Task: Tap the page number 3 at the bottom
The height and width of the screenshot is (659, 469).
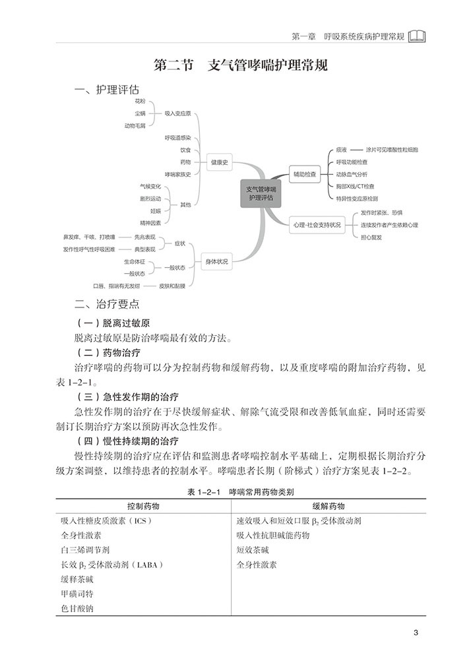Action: coord(416,635)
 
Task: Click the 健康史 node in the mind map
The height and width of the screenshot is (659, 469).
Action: coord(220,162)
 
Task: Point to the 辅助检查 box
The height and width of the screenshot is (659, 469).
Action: coord(304,175)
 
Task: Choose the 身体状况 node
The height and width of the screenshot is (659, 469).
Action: coord(216,262)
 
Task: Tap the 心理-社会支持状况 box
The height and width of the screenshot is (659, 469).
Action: coord(318,225)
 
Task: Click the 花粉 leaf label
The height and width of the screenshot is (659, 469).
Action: coord(139,101)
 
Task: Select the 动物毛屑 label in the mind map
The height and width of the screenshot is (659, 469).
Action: coord(135,125)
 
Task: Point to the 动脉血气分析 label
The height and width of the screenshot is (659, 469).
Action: coord(355,175)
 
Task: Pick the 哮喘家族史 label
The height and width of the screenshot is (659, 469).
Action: coord(177,174)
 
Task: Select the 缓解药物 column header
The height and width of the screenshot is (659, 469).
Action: coord(328,506)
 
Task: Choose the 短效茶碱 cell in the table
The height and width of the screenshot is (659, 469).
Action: coord(253,549)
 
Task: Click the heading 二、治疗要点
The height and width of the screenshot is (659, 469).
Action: coord(108,304)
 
